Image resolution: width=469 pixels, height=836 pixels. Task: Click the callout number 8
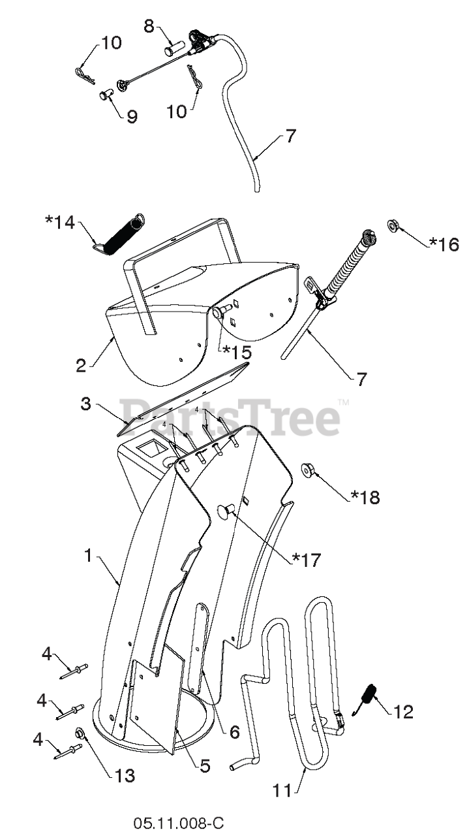(x=149, y=27)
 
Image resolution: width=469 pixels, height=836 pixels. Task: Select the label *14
(x=60, y=221)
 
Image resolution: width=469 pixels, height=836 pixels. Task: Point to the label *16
(x=444, y=244)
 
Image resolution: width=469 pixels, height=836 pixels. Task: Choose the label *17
(x=307, y=559)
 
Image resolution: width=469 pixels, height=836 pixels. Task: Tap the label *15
(x=237, y=351)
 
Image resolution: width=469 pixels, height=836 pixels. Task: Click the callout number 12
(x=404, y=711)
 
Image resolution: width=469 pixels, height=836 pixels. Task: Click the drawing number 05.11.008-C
(x=179, y=823)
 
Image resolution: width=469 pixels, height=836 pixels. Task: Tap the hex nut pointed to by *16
(x=394, y=226)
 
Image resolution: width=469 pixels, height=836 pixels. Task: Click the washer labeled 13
(x=80, y=733)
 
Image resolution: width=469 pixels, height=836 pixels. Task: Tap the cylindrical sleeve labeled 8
(x=175, y=48)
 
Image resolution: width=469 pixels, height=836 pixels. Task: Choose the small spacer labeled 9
(x=106, y=95)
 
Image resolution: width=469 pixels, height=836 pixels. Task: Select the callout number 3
(x=85, y=403)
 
